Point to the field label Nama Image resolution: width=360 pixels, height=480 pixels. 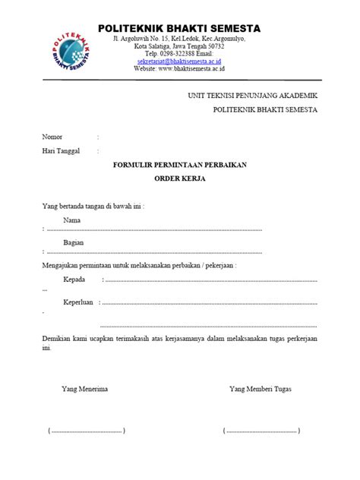click(x=72, y=219)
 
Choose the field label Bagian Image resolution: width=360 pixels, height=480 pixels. click(x=74, y=242)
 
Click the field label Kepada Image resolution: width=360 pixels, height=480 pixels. click(x=74, y=279)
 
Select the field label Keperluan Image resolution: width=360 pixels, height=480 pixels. click(x=77, y=302)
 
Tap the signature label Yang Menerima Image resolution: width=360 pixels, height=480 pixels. click(x=84, y=390)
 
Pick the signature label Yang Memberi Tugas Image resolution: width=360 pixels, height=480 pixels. click(x=260, y=390)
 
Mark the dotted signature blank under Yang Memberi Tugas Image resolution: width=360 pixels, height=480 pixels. click(x=261, y=431)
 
